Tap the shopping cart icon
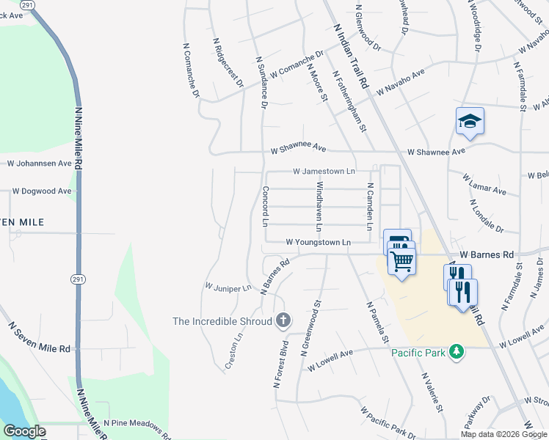(x=401, y=261)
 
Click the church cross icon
(x=283, y=320)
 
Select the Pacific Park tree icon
(x=457, y=353)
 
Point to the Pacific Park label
(x=418, y=353)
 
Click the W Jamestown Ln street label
(x=324, y=171)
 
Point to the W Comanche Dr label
(x=297, y=65)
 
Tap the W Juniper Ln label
(x=228, y=287)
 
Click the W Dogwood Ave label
(x=41, y=191)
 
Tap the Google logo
(x=24, y=430)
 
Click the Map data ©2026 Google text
(x=503, y=434)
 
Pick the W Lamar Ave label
(x=484, y=184)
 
